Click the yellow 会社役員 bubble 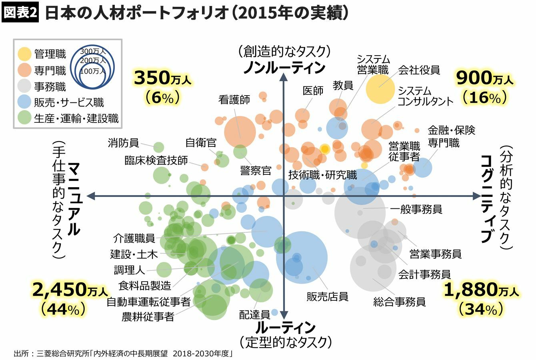click(380, 89)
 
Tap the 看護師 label click(234, 100)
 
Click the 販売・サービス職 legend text click(69, 102)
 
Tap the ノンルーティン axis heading click(284, 68)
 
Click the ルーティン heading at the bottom click(285, 328)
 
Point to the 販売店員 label click(327, 296)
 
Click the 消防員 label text click(123, 142)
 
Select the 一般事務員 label click(416, 209)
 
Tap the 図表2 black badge click(20, 13)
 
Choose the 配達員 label click(255, 314)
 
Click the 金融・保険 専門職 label click(451, 136)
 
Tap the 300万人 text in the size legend click(93, 52)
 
